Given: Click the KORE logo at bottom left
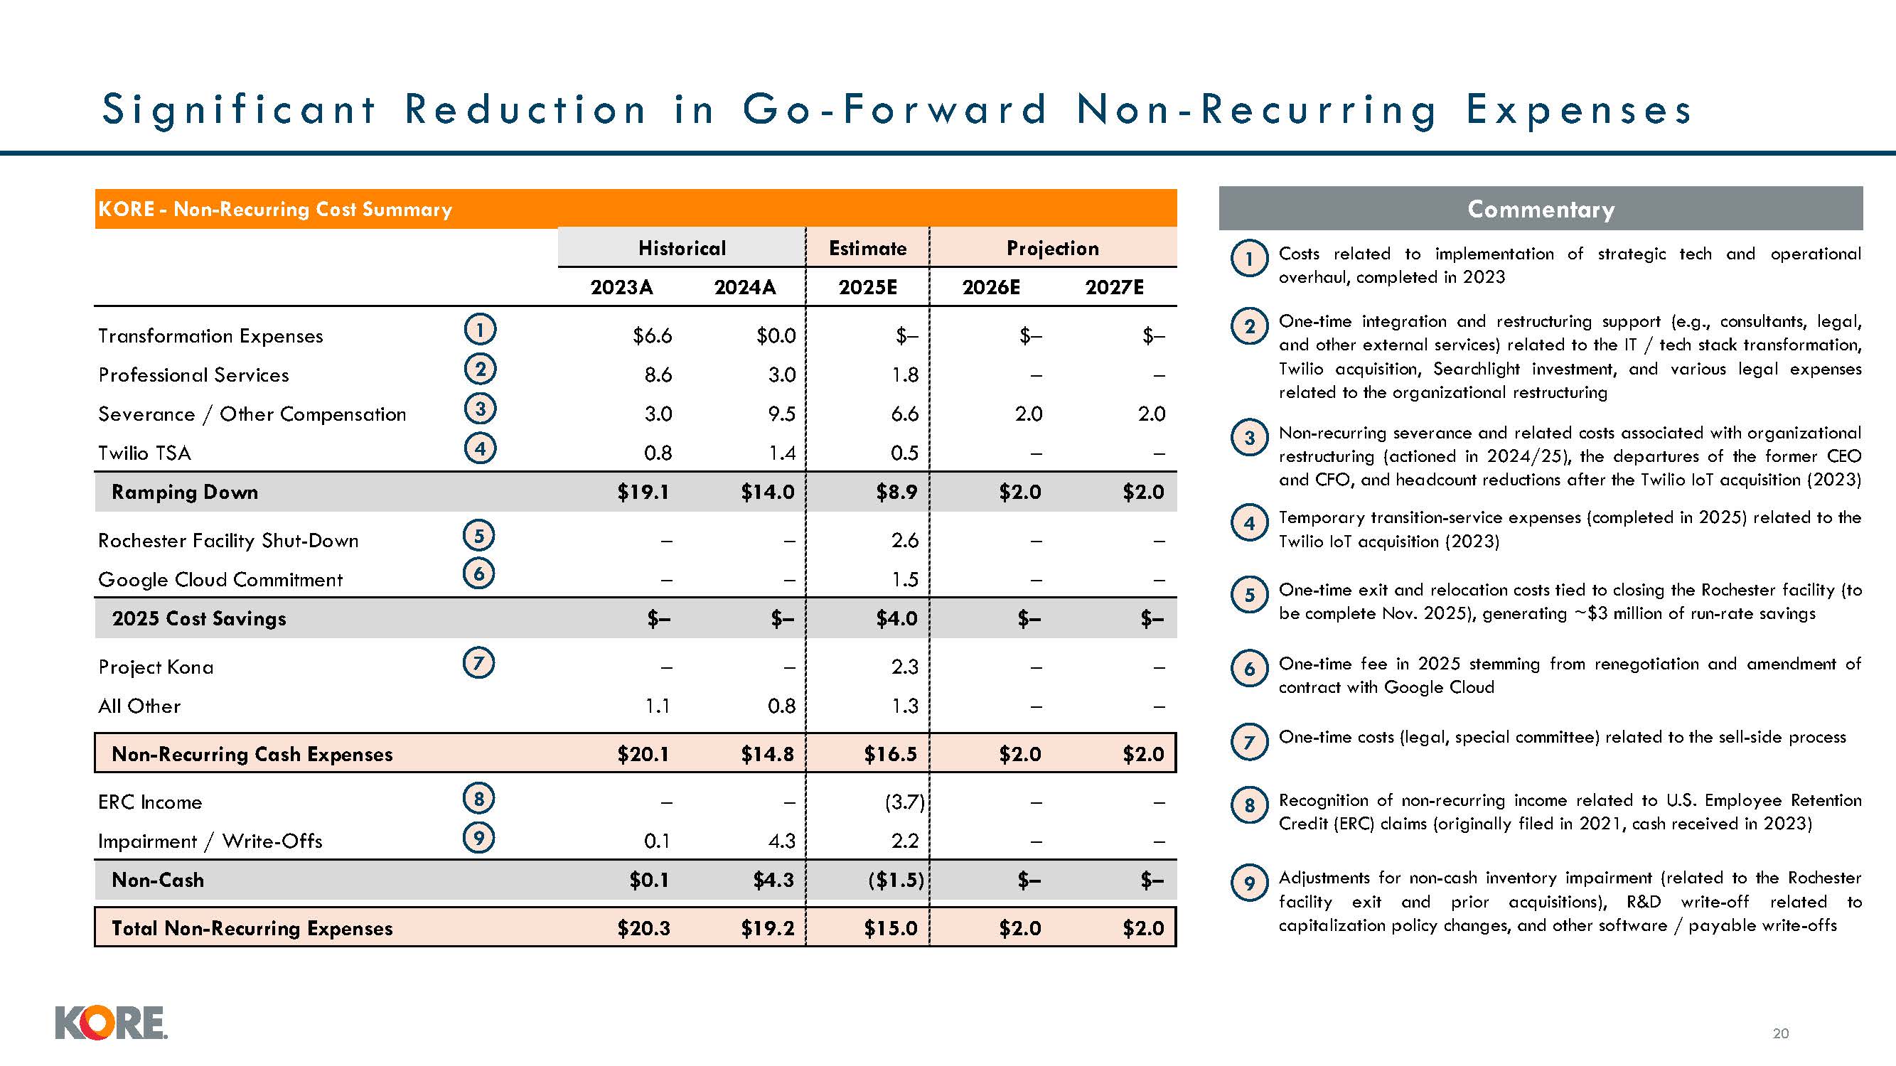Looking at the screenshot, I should [111, 1023].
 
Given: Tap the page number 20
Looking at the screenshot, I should [1780, 1033].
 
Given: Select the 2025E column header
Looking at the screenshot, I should [868, 287].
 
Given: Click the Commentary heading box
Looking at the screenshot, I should [1541, 209].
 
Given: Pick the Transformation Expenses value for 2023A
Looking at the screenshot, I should [652, 336].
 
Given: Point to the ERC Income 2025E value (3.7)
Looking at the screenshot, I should [904, 802].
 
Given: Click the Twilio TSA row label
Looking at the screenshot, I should [145, 453].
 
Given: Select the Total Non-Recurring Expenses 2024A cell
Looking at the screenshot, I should [768, 928].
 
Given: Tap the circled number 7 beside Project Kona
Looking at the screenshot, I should [478, 664].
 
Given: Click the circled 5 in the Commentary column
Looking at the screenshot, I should [1249, 595].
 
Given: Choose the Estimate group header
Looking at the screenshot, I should [868, 248].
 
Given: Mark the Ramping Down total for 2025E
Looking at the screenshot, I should [896, 492].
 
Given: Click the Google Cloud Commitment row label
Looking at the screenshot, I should [220, 580].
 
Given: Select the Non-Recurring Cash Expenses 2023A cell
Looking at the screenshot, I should [643, 754].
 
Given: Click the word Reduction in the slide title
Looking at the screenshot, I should [525, 109].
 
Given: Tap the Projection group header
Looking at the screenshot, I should [1053, 248].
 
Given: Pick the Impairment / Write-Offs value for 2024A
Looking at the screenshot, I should [782, 841].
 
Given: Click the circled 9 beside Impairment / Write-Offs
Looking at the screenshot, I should [478, 837].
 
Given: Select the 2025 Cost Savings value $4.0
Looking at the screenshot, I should [896, 619].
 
